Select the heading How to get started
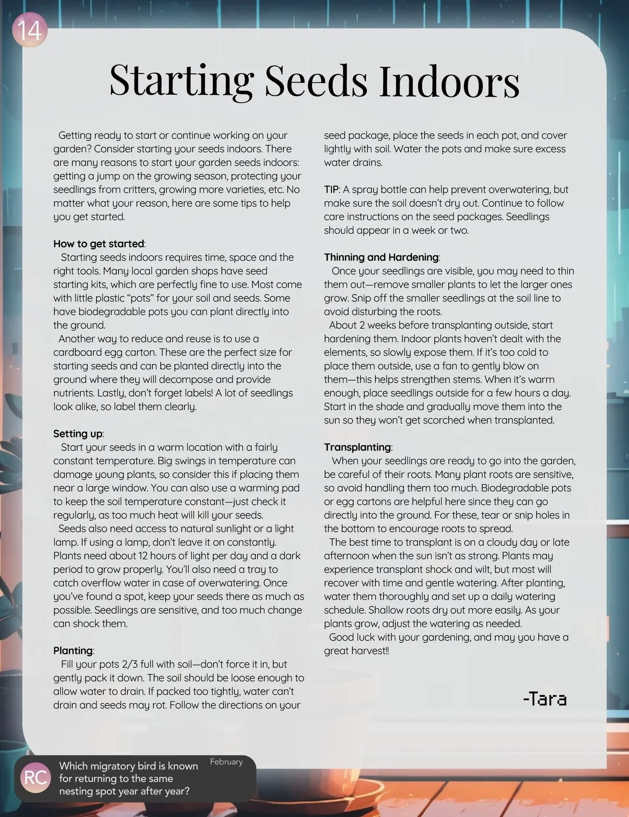click(99, 244)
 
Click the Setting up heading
click(78, 434)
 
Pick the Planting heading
click(73, 651)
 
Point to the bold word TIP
click(332, 190)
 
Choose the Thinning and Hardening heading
click(381, 257)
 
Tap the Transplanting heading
click(357, 447)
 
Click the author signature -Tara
click(545, 698)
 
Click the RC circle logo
click(36, 777)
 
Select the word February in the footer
click(226, 761)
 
